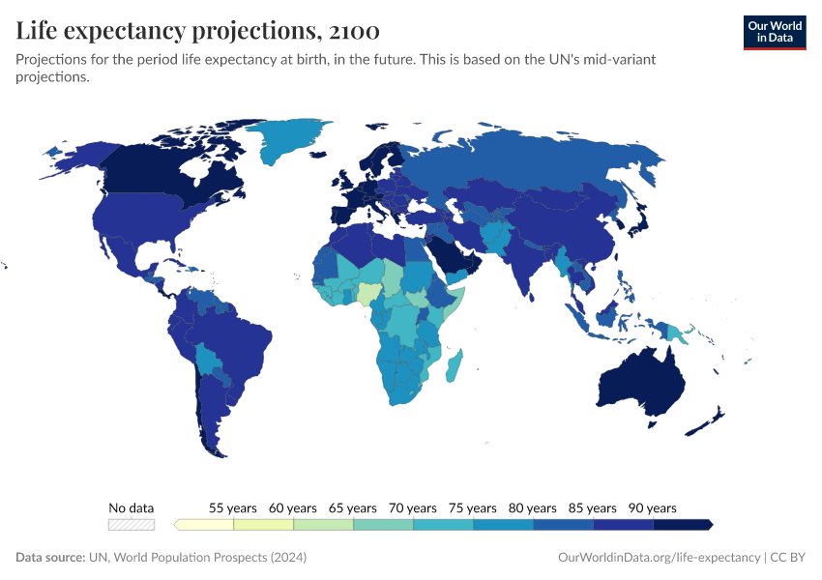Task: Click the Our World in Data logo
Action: click(x=774, y=32)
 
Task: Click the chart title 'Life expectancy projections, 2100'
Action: click(x=197, y=31)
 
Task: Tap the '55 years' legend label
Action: click(x=233, y=507)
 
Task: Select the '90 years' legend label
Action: click(x=653, y=507)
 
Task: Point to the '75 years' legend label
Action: click(x=473, y=507)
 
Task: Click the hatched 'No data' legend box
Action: click(x=132, y=525)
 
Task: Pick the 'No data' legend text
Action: click(x=132, y=507)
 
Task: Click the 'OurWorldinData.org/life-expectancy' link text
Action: click(x=660, y=558)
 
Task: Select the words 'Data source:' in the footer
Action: click(x=50, y=558)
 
